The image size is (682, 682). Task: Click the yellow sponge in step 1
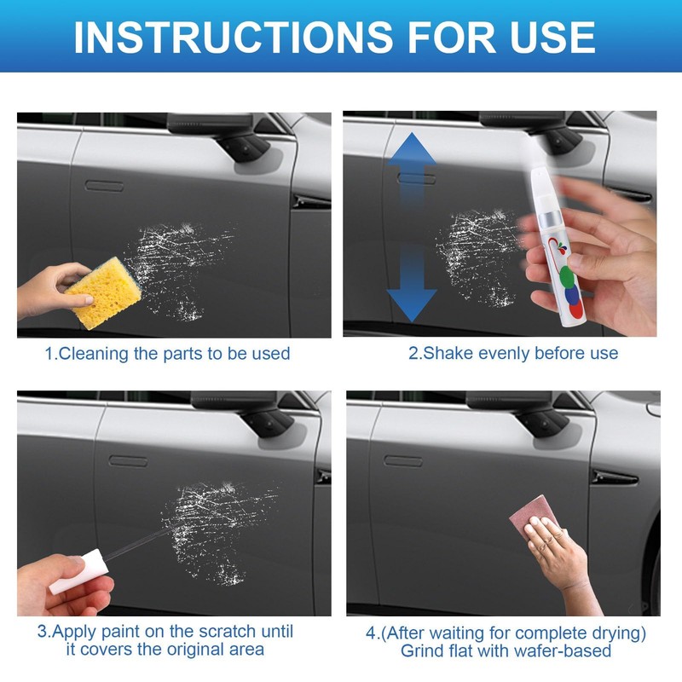tap(104, 292)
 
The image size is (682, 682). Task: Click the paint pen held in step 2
tap(556, 248)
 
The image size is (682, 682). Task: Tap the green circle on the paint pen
tap(566, 276)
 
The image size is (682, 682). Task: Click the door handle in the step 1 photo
tap(104, 186)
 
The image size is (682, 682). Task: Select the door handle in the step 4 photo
tap(403, 461)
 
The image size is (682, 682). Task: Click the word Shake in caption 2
tap(448, 353)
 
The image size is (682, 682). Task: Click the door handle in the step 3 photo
tap(129, 461)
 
